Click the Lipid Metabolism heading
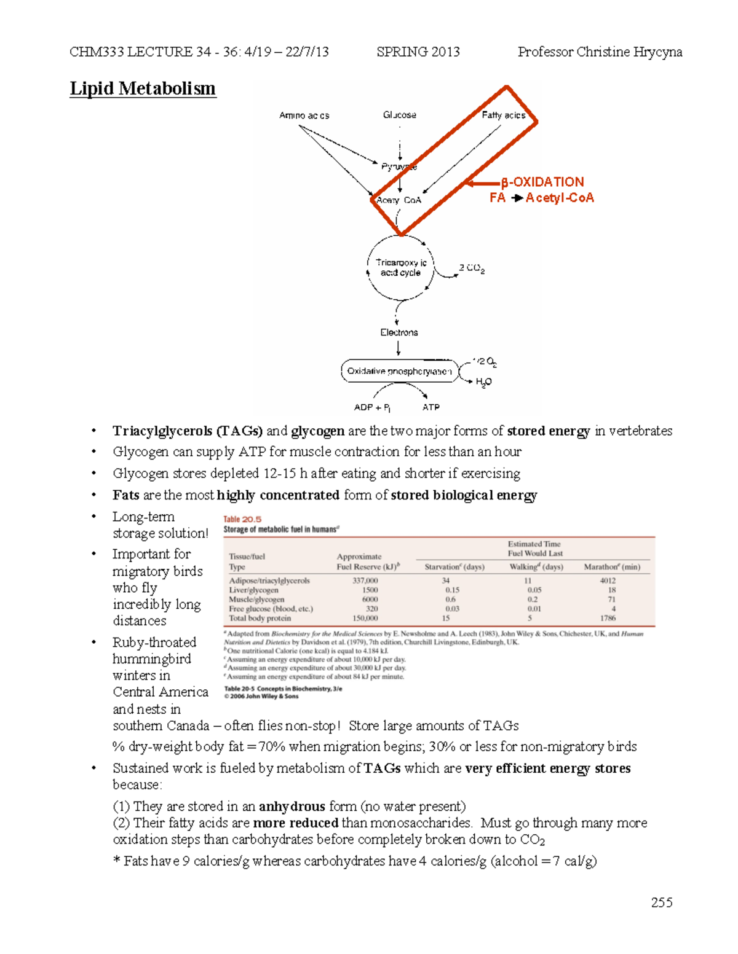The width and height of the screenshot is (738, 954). pos(143,88)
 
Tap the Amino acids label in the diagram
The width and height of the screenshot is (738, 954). pos(304,115)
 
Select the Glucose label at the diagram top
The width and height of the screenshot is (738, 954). pos(399,115)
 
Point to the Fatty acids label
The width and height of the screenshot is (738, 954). pos(503,115)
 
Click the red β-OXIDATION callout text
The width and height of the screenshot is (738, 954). pos(542,182)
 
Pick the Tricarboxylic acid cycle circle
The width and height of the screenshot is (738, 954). pos(400,268)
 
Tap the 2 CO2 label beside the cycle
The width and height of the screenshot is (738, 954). pos(472,268)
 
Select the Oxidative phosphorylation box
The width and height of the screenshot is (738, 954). pos(399,371)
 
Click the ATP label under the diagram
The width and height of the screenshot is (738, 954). pos(430,407)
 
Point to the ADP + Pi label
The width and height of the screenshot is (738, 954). pos(372,407)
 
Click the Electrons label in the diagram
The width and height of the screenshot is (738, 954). pos(399,332)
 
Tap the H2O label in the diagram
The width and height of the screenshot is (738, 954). pos(483,382)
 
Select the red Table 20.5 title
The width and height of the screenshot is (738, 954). pos(242,519)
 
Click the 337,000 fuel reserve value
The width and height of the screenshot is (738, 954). pos(365,581)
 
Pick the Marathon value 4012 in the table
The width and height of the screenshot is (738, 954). pos(608,581)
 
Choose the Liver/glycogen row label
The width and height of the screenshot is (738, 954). pos(253,590)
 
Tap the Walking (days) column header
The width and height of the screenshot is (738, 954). pos(536,567)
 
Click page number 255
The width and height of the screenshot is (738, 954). pos(662,902)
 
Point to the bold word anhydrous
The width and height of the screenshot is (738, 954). pos(292,806)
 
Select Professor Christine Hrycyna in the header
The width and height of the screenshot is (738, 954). pos(600,52)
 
